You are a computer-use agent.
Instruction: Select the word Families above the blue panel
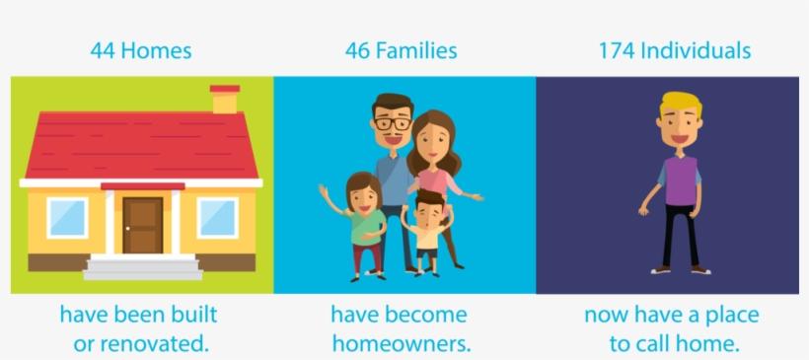(x=416, y=51)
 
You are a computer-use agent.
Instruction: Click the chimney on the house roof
(x=224, y=99)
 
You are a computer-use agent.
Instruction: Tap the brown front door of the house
(x=143, y=225)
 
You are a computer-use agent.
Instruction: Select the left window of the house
(x=68, y=218)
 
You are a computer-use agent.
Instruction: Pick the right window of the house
(x=217, y=218)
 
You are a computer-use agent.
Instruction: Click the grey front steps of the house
(x=143, y=267)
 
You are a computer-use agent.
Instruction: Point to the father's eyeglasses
(x=393, y=124)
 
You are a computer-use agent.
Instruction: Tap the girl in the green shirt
(x=360, y=226)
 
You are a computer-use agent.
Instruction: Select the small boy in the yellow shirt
(x=426, y=233)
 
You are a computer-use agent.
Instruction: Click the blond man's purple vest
(x=681, y=180)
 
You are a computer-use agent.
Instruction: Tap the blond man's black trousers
(x=681, y=235)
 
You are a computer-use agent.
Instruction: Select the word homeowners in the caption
(x=402, y=344)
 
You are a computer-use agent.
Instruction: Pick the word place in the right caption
(x=733, y=316)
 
